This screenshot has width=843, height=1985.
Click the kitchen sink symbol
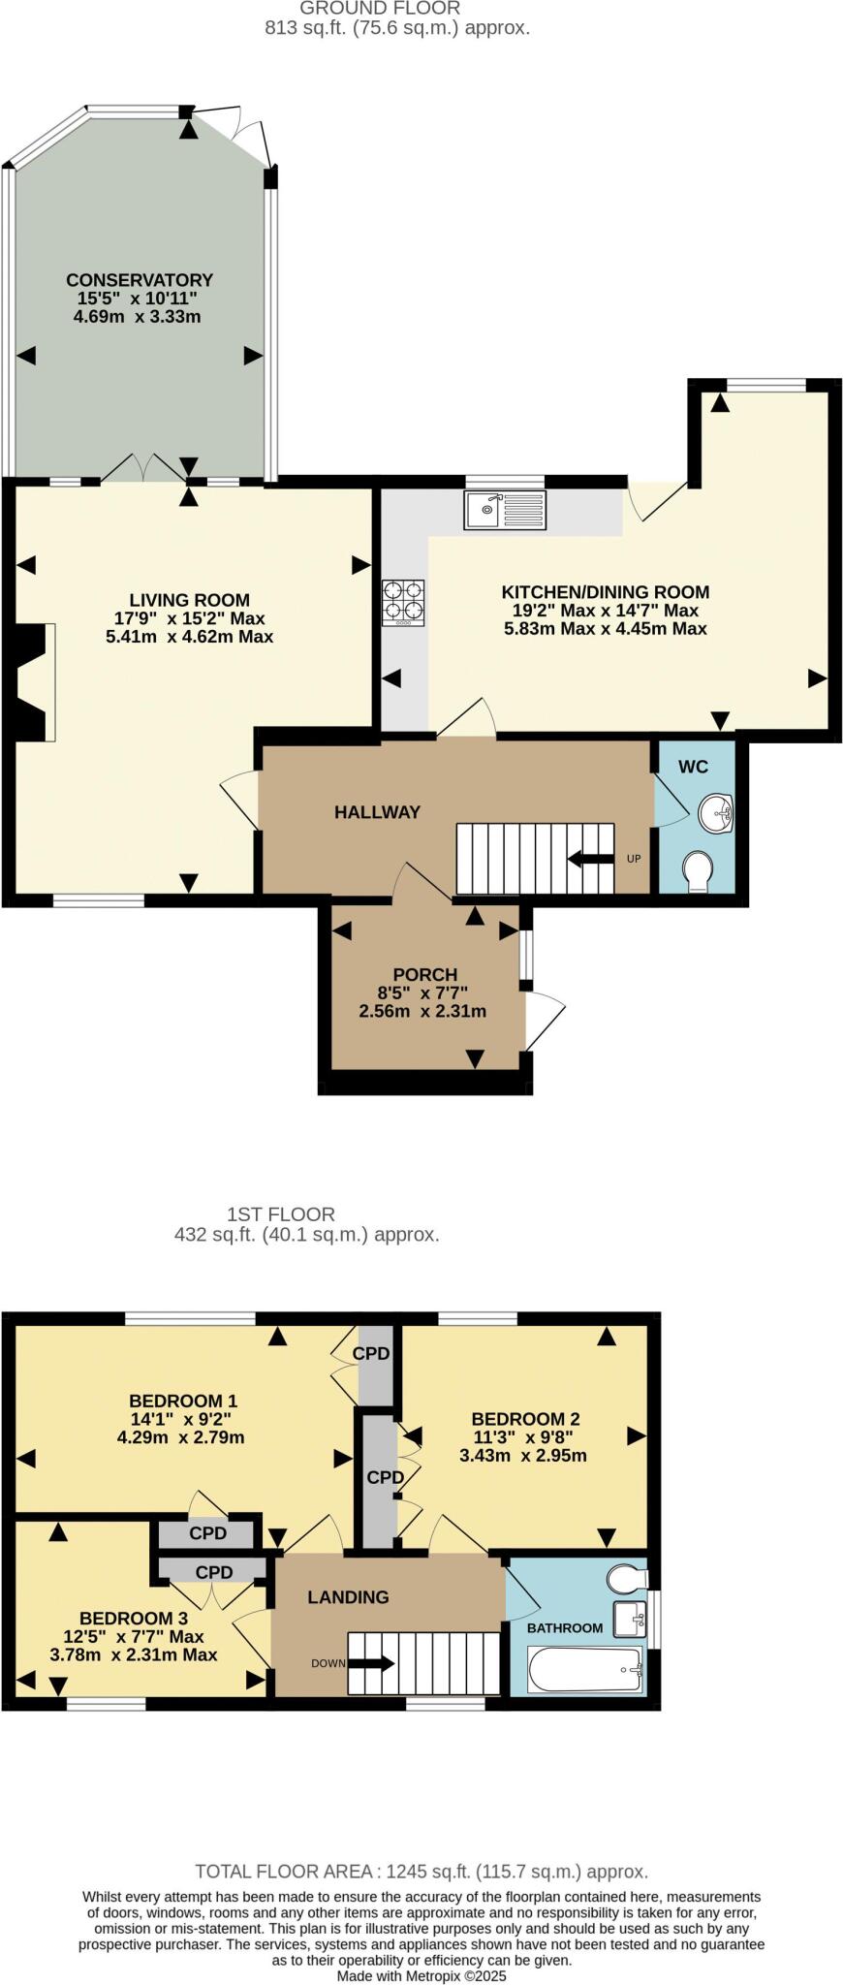505,509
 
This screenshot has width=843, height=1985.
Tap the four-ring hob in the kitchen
404,601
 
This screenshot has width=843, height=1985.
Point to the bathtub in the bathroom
585,1667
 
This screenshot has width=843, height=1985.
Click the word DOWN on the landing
328,1663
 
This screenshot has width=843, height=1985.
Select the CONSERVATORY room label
140,280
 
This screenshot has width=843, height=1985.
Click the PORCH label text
424,974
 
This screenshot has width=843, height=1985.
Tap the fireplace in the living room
31,682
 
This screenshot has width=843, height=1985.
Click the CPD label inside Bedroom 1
371,1353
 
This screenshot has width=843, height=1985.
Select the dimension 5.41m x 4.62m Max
189,637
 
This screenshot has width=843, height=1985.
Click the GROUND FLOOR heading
380,9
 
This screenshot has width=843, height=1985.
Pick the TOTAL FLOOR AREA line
421,1872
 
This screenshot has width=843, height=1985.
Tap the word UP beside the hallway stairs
634,859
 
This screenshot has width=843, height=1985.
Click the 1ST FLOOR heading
280,1213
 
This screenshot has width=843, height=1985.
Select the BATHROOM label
564,1628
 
